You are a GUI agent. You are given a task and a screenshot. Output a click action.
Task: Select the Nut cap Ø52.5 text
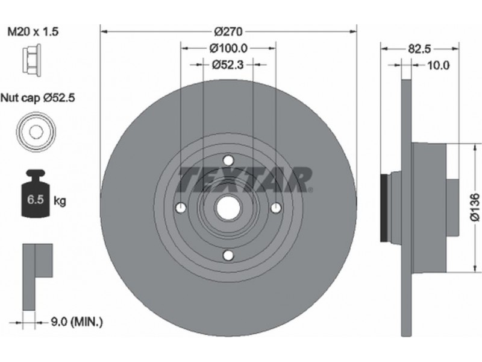click(40, 97)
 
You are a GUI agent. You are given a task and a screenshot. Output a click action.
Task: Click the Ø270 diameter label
click(228, 30)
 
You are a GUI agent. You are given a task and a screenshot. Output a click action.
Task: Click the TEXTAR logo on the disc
click(245, 179)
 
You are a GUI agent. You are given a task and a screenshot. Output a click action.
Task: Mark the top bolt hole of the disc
click(228, 160)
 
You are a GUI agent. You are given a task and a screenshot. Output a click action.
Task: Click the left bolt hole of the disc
click(181, 208)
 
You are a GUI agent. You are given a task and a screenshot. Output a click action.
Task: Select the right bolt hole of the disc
click(275, 208)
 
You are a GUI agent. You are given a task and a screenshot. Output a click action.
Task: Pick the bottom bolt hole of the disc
click(228, 255)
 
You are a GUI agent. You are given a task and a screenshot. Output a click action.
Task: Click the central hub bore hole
click(228, 208)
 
